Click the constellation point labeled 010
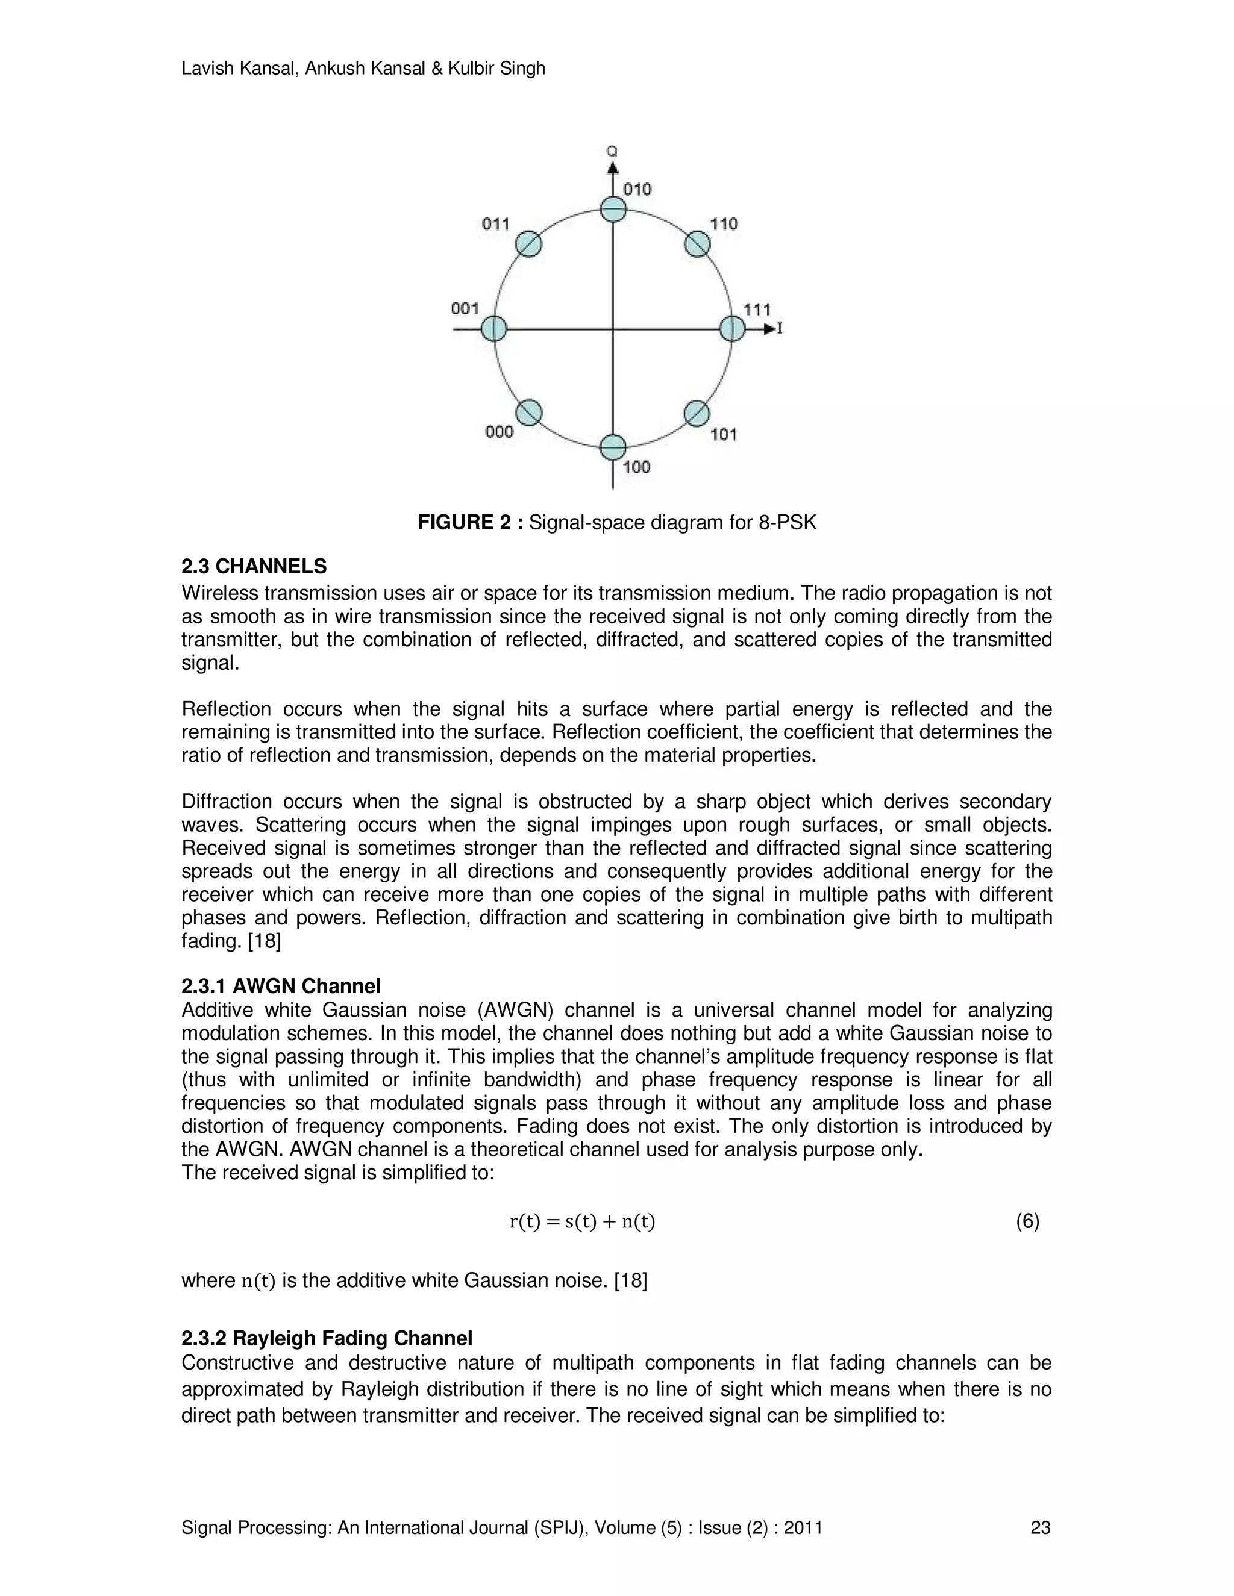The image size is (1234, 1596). [x=613, y=210]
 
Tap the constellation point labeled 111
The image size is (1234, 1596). [x=731, y=328]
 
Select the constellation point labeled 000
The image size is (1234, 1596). [x=528, y=412]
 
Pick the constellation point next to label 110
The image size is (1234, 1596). [x=697, y=244]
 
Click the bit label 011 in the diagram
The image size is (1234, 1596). [x=495, y=223]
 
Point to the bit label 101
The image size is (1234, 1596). [x=723, y=435]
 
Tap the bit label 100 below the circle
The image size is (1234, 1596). [x=637, y=467]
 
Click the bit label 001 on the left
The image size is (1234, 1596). [x=465, y=308]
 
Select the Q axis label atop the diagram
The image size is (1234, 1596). [x=612, y=151]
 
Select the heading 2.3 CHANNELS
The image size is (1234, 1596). [x=254, y=566]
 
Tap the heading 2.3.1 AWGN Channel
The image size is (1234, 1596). [x=281, y=987]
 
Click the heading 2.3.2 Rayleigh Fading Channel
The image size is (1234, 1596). [x=327, y=1338]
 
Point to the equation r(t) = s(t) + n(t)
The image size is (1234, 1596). [x=582, y=1221]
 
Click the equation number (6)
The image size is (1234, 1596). [x=1027, y=1221]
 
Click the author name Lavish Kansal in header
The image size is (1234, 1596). [x=239, y=69]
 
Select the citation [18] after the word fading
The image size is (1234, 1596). [x=265, y=941]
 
